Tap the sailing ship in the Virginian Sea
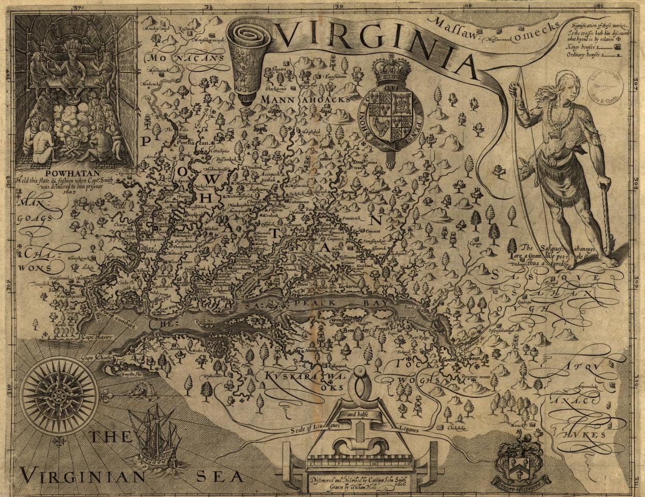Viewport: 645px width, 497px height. click(x=154, y=433)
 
